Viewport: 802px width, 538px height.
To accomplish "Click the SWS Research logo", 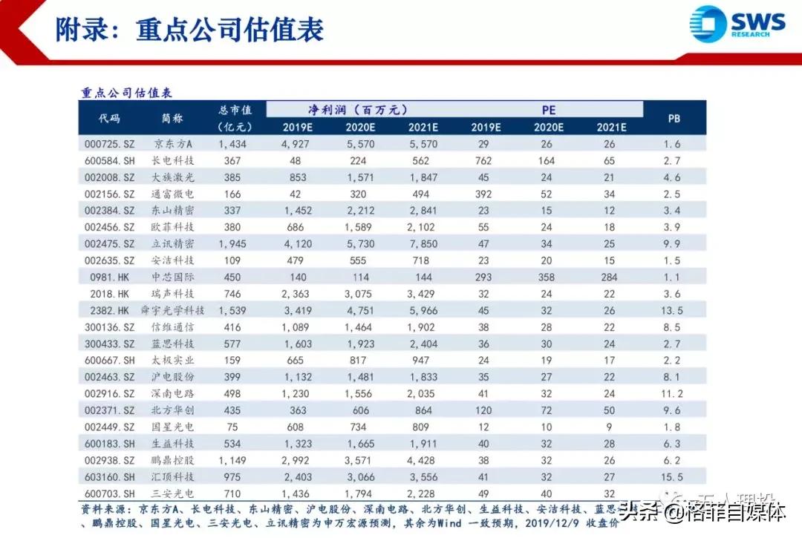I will (x=737, y=24).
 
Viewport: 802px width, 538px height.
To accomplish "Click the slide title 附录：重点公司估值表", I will (x=190, y=30).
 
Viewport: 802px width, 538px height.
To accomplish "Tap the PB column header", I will (x=674, y=118).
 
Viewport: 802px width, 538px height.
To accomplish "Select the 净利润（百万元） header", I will (x=359, y=110).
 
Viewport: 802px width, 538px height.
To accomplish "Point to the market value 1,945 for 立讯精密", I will (x=232, y=243).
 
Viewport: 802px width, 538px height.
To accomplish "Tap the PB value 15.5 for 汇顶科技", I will (x=672, y=476).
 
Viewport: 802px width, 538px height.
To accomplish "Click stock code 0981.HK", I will (x=109, y=277).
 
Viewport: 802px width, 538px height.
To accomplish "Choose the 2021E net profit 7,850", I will (x=423, y=243).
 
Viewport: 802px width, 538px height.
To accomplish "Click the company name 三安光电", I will (x=172, y=493).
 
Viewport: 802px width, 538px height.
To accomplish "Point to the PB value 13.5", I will (x=672, y=309).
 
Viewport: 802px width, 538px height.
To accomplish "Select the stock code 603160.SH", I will (x=109, y=476).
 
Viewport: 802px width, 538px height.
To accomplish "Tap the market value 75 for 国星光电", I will (x=232, y=427).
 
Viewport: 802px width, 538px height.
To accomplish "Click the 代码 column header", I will (x=109, y=118).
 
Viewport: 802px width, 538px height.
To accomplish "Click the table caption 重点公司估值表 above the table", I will (x=126, y=93).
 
